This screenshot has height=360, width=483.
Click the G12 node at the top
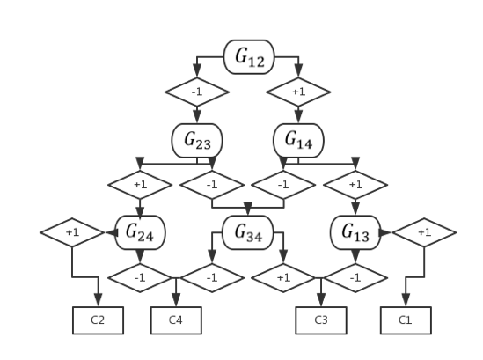[249, 57]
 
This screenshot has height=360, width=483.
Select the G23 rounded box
[197, 140]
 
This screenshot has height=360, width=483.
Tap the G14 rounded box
[298, 140]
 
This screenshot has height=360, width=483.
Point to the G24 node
[141, 232]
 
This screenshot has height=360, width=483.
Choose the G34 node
[247, 232]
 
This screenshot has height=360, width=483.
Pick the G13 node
[355, 232]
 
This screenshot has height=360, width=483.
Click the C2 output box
[98, 320]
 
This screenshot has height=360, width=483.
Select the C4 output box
[176, 320]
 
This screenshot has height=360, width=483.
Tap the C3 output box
[321, 320]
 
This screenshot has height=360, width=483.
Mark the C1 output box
[406, 320]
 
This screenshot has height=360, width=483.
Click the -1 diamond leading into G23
[197, 92]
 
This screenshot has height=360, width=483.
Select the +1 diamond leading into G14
[298, 92]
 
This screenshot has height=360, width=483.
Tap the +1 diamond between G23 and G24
[141, 186]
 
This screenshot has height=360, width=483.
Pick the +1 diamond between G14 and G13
[355, 186]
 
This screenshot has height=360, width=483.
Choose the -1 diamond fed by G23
[212, 186]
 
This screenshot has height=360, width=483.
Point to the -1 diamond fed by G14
[282, 186]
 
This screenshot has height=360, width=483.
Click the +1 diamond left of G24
[72, 232]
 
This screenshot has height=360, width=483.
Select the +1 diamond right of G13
[424, 232]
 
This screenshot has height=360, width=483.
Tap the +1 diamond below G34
[282, 277]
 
